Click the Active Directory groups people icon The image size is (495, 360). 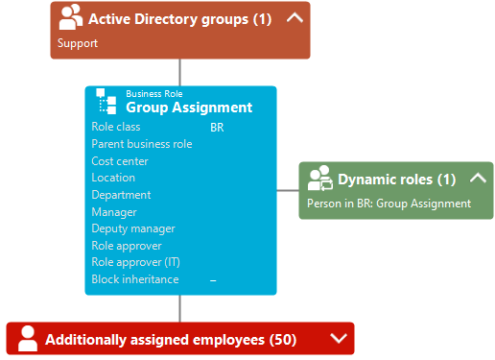pyautogui.click(x=70, y=17)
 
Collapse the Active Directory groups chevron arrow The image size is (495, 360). pyautogui.click(x=295, y=17)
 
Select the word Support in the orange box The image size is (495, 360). pyautogui.click(x=78, y=43)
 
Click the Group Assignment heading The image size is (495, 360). pyautogui.click(x=189, y=108)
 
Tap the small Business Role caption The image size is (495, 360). pyautogui.click(x=154, y=94)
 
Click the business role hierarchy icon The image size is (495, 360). pyautogui.click(x=106, y=101)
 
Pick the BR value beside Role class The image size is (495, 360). pyautogui.click(x=217, y=128)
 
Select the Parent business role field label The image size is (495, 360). pyautogui.click(x=142, y=144)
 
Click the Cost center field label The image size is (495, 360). pyautogui.click(x=120, y=161)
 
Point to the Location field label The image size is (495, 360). pyautogui.click(x=113, y=178)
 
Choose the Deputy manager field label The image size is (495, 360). pyautogui.click(x=133, y=228)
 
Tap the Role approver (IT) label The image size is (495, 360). pyautogui.click(x=135, y=262)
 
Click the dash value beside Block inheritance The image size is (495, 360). pyautogui.click(x=213, y=280)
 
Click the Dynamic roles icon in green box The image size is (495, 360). pyautogui.click(x=319, y=179)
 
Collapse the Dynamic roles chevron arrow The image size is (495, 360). pyautogui.click(x=478, y=178)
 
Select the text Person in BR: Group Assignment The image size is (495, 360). pyautogui.click(x=389, y=204)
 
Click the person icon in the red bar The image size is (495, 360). pyautogui.click(x=28, y=338)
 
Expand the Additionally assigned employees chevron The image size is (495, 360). pyautogui.click(x=339, y=338)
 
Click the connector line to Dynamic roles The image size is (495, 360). pyautogui.click(x=288, y=190)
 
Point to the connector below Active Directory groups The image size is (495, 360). pyautogui.click(x=180, y=72)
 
